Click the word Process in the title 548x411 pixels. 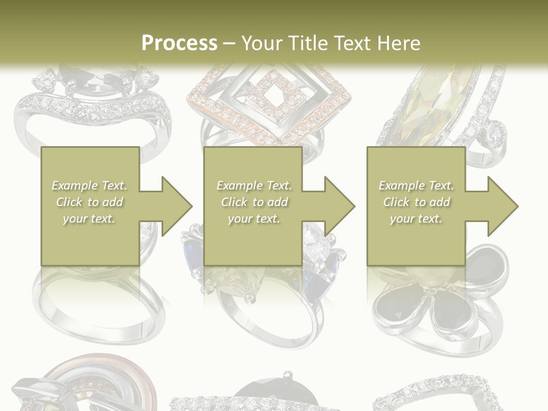(179, 43)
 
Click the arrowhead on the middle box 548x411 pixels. (336, 206)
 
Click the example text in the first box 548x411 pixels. (90, 202)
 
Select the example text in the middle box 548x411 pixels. (253, 202)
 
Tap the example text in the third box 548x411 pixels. (416, 202)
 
